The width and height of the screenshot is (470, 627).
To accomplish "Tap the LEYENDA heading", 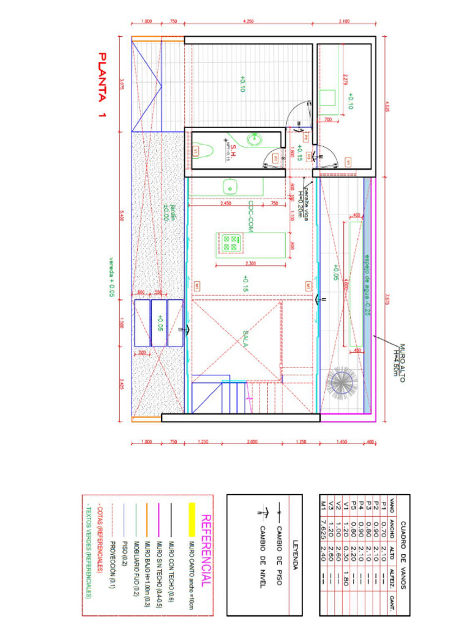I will coord(295,554).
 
